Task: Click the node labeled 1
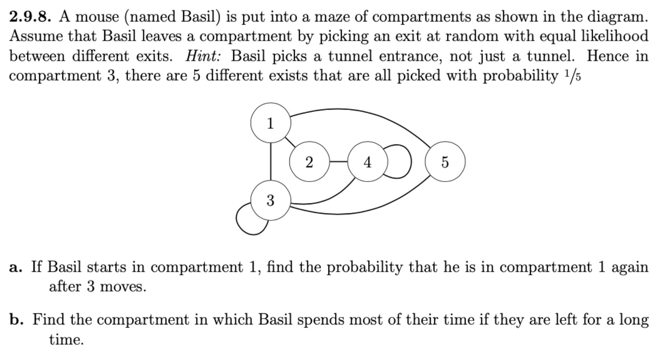tap(270, 123)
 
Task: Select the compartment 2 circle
tap(309, 162)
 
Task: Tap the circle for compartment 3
tap(270, 200)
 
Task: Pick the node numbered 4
tap(367, 162)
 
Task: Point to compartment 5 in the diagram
tap(445, 162)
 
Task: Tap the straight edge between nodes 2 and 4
tap(338, 161)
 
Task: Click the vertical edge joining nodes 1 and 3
tap(271, 161)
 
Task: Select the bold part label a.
tap(15, 268)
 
